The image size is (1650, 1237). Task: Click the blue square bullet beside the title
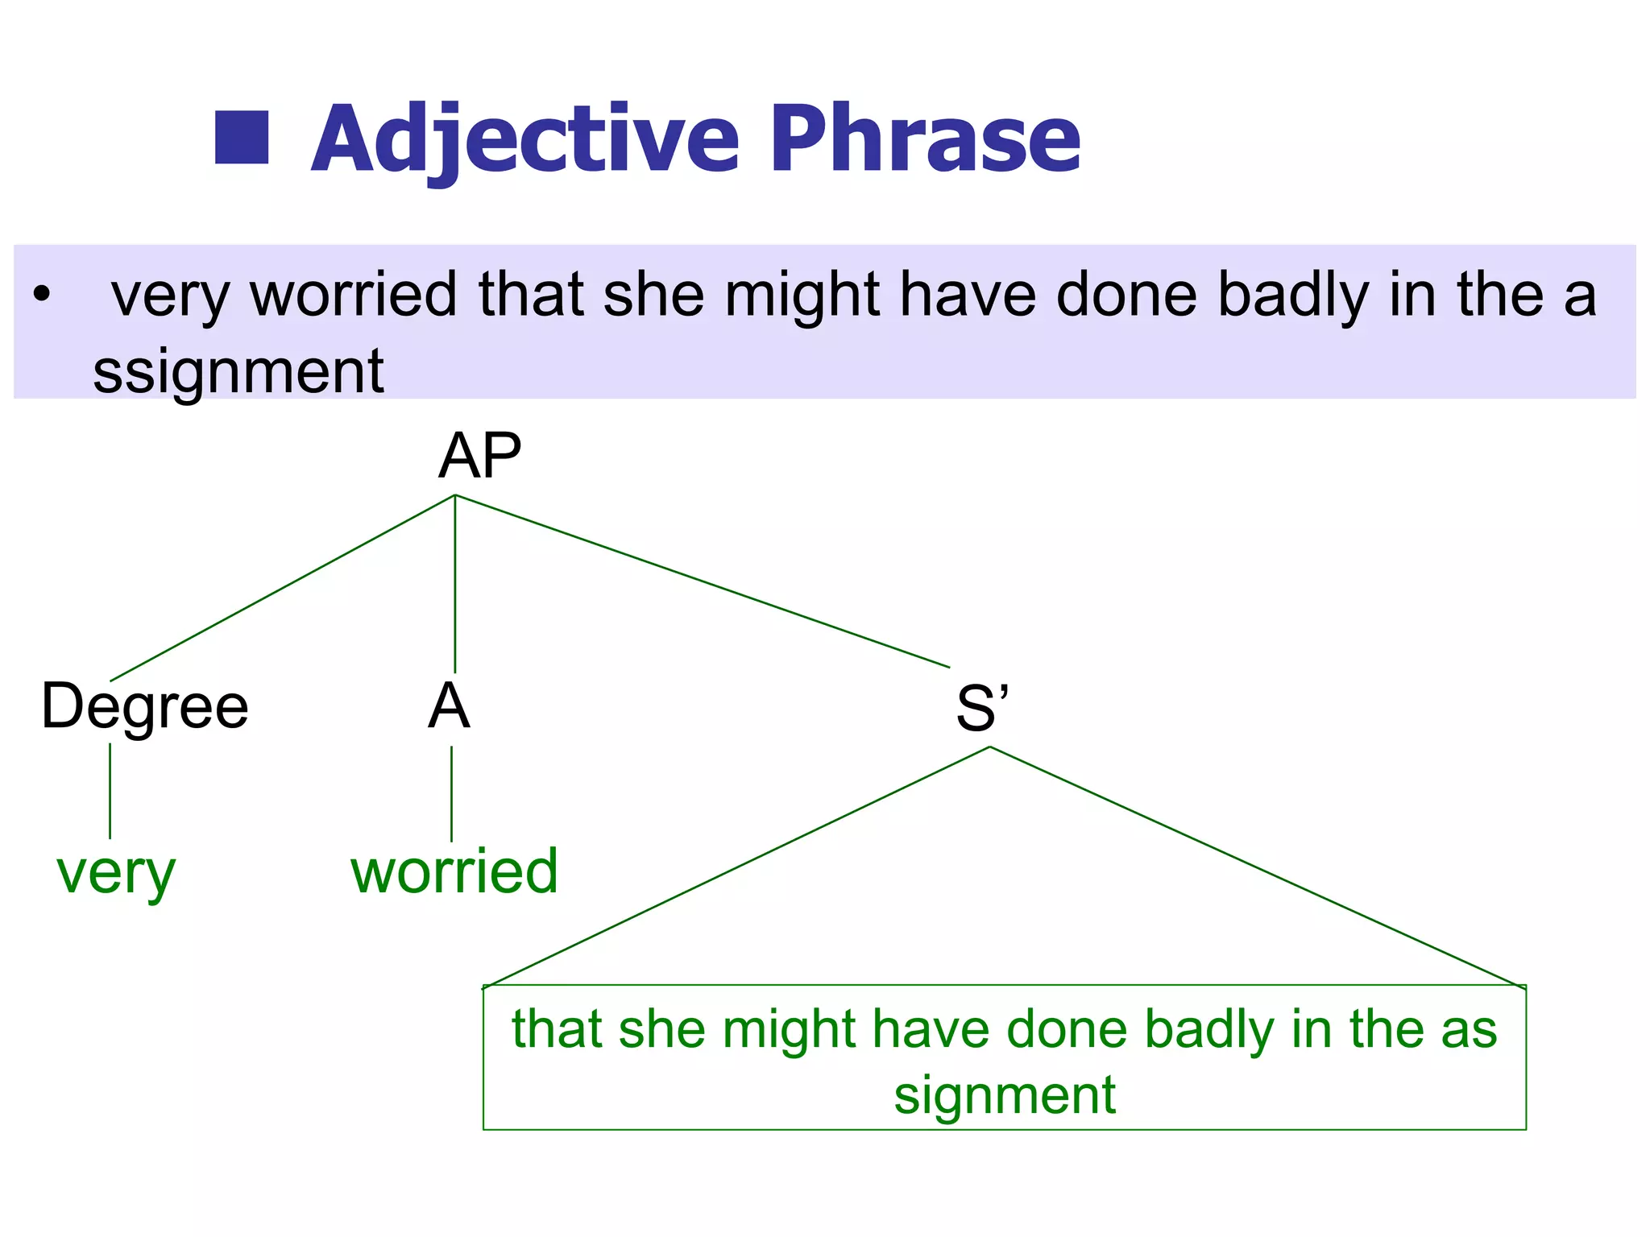tap(242, 138)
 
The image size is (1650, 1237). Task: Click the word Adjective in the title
tap(524, 139)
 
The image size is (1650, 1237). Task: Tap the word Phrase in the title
tap(925, 138)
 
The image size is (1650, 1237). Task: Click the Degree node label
tap(145, 706)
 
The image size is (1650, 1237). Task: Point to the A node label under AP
tap(449, 706)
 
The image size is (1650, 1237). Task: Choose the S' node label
tap(982, 708)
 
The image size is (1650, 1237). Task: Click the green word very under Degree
tap(116, 873)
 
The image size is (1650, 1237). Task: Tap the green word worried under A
tap(454, 871)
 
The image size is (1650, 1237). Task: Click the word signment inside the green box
tap(1005, 1095)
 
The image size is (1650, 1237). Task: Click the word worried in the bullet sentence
tap(354, 295)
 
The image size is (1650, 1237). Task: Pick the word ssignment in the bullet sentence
tap(238, 371)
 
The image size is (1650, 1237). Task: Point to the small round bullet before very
tap(42, 295)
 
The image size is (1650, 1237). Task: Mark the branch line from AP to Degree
tap(282, 588)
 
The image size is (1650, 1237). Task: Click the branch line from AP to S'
tap(701, 581)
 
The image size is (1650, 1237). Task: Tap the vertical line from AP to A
tap(455, 584)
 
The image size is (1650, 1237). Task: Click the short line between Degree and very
tap(110, 791)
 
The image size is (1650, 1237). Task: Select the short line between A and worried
tap(451, 793)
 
